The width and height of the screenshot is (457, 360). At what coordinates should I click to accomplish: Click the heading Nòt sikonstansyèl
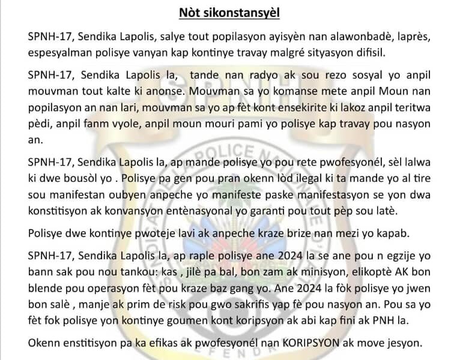coord(228,12)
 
